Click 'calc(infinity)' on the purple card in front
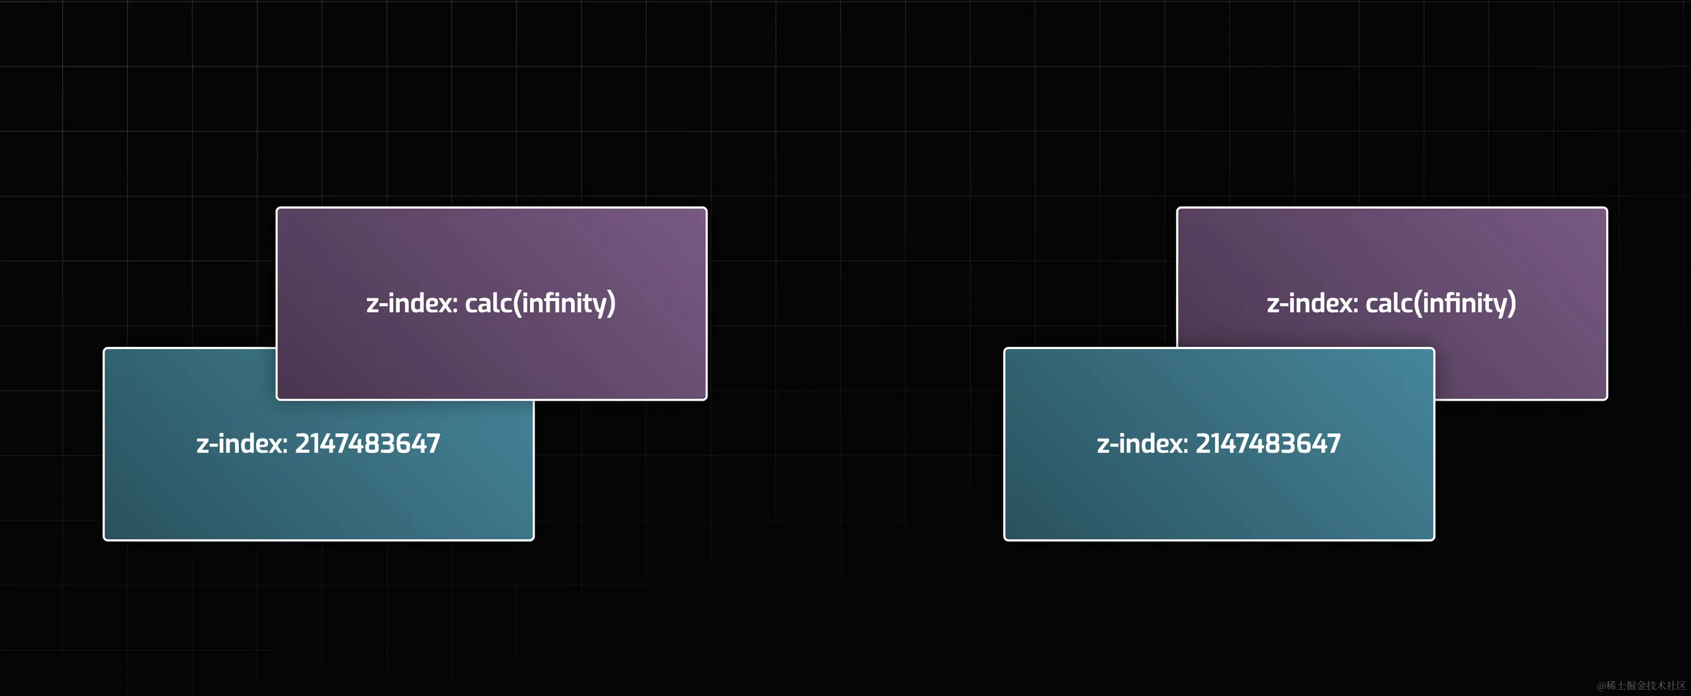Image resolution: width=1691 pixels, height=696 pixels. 540,303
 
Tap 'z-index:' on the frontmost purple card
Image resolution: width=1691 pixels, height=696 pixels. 412,303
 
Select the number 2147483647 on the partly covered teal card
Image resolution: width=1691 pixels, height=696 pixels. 367,444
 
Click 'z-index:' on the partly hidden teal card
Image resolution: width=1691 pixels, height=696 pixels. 242,444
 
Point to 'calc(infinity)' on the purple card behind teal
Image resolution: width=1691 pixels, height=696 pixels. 1441,303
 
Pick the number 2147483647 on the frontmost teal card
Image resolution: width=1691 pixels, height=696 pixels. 1268,444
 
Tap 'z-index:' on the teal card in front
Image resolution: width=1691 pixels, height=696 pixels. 1142,444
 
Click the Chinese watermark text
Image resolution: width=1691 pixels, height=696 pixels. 1641,685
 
